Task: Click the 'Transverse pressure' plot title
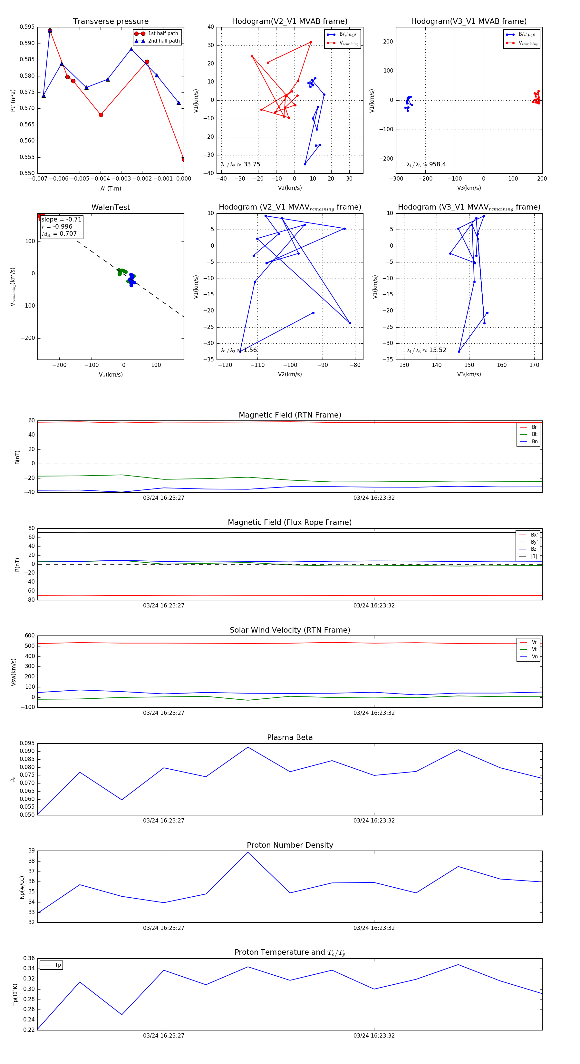click(111, 22)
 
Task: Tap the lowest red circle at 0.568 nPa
click(101, 115)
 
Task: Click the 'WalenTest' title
click(111, 207)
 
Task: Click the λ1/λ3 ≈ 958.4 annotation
click(426, 164)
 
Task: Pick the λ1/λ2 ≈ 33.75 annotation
click(241, 164)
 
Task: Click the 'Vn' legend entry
click(534, 657)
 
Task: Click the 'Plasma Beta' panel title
click(290, 738)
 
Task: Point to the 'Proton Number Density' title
click(290, 845)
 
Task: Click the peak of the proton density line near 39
click(248, 852)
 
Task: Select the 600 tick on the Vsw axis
click(30, 636)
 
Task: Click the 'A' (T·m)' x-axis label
click(111, 188)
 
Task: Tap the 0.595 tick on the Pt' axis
click(27, 27)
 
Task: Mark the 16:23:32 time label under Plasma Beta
click(373, 820)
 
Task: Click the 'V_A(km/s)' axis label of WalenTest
click(111, 375)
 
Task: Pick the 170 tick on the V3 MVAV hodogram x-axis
click(534, 365)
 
